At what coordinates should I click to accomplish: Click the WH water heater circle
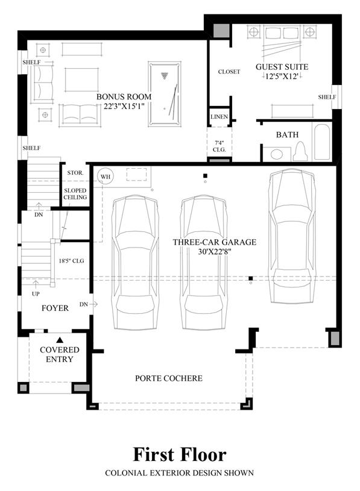click(106, 177)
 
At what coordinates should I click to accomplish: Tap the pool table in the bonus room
click(165, 94)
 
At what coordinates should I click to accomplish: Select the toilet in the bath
click(301, 151)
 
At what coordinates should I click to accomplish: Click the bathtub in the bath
click(322, 142)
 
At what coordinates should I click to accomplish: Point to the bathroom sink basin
click(276, 154)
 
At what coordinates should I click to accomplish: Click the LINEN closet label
click(219, 117)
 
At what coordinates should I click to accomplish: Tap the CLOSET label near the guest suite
click(229, 72)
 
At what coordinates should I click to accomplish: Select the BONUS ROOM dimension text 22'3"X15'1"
click(124, 106)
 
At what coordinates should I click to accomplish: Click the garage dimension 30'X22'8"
click(215, 251)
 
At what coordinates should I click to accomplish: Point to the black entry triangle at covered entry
click(60, 340)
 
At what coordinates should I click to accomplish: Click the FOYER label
click(55, 308)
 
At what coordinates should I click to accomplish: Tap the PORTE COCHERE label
click(169, 378)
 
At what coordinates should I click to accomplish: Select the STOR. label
click(75, 172)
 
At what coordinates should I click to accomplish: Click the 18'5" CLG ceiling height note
click(71, 260)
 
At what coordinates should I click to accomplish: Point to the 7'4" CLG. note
click(219, 146)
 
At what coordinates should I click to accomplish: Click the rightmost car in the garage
click(292, 236)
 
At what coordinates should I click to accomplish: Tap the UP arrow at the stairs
click(36, 284)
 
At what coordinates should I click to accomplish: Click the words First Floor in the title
click(180, 455)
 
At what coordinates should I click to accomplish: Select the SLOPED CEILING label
click(75, 194)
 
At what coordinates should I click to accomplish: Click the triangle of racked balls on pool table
click(165, 75)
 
